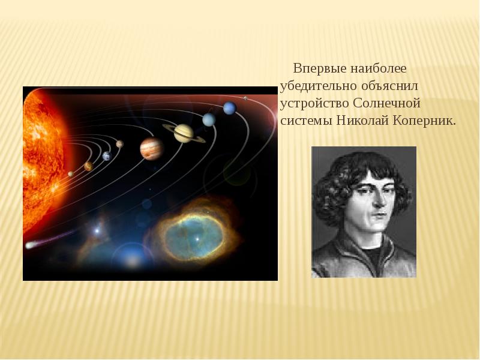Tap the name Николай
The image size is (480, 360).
(x=356, y=120)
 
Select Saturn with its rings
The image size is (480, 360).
(x=183, y=133)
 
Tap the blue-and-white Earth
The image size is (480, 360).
(x=107, y=156)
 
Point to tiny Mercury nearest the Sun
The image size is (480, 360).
(x=71, y=174)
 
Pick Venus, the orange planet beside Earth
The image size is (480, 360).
(x=88, y=166)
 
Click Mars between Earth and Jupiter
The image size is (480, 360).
(x=119, y=144)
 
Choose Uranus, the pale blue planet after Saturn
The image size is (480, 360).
(x=208, y=119)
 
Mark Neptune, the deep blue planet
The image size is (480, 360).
(x=229, y=108)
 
